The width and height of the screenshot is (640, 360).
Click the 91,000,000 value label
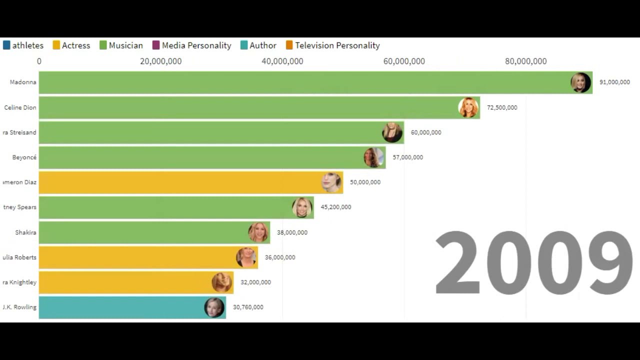(x=614, y=82)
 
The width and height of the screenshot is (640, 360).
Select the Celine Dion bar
(x=250, y=107)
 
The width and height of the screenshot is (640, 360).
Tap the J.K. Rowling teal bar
(x=120, y=307)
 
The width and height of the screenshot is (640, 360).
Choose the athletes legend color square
(x=6, y=45)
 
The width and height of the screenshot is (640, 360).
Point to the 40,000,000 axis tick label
(x=282, y=61)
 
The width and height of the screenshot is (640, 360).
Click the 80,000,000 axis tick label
(x=525, y=61)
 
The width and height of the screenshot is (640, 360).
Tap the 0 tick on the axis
(x=39, y=61)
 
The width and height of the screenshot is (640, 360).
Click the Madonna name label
(x=23, y=82)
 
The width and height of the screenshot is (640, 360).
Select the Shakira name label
(x=25, y=232)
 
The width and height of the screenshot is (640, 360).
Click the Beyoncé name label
(x=24, y=157)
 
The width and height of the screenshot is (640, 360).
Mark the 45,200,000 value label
(x=335, y=207)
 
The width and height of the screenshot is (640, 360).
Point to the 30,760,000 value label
(x=248, y=307)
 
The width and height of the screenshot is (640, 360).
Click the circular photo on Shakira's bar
(x=258, y=232)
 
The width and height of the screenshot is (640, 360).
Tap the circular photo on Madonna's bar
(x=580, y=82)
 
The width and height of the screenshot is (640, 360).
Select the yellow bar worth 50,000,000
(x=180, y=182)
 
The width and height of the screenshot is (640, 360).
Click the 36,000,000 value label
(x=280, y=257)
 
